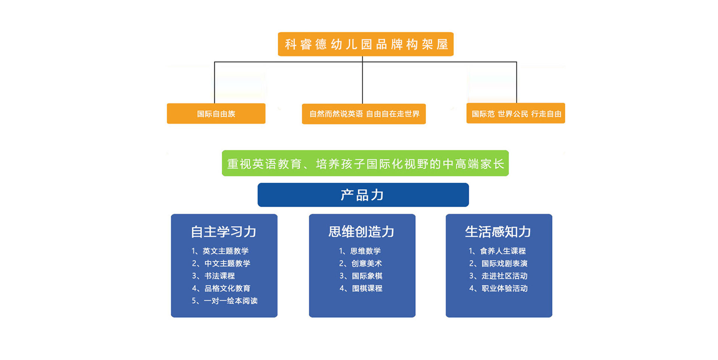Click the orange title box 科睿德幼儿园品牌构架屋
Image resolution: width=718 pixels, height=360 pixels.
pyautogui.click(x=365, y=44)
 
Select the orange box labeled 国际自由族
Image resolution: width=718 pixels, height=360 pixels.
pyautogui.click(x=216, y=114)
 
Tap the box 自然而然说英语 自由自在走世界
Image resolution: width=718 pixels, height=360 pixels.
pyautogui.click(x=364, y=114)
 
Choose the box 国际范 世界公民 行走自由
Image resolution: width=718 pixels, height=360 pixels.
pyautogui.click(x=516, y=113)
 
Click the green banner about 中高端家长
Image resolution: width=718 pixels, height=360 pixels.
pyautogui.click(x=365, y=163)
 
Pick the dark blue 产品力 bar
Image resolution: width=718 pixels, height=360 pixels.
pyautogui.click(x=363, y=195)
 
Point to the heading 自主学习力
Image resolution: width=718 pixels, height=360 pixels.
pyautogui.click(x=224, y=232)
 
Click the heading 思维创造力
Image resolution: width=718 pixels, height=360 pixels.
pyautogui.click(x=362, y=232)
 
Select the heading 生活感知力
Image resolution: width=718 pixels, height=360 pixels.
pyautogui.click(x=498, y=232)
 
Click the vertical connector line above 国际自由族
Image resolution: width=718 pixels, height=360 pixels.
pyautogui.click(x=214, y=83)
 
